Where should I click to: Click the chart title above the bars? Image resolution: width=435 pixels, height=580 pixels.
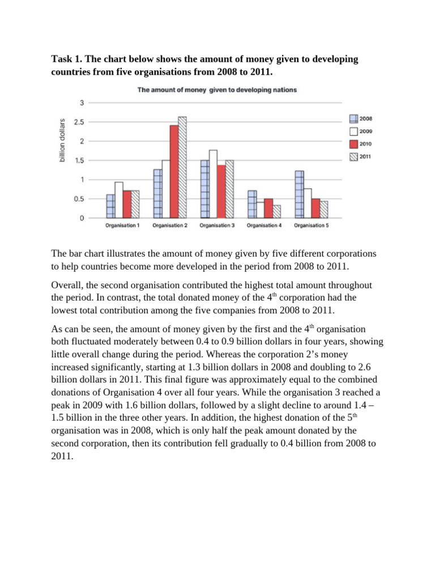[x=217, y=89]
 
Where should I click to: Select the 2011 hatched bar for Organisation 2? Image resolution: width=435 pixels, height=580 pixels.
[x=182, y=168]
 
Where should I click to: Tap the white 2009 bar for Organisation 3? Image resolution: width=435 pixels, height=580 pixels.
[x=213, y=184]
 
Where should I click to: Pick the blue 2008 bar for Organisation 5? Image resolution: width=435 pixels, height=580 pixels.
[x=299, y=194]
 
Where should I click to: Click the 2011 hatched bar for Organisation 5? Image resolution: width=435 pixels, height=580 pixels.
[x=324, y=210]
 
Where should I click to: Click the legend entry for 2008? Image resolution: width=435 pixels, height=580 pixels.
[x=359, y=118]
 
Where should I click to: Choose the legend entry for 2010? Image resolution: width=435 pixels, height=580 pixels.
[x=359, y=144]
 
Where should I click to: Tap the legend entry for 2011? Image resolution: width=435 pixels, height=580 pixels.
[x=359, y=157]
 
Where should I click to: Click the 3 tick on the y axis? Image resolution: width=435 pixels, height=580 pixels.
[x=82, y=103]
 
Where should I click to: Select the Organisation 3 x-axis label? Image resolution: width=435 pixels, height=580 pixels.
[x=216, y=225]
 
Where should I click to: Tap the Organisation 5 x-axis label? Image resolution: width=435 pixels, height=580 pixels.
[x=311, y=225]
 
